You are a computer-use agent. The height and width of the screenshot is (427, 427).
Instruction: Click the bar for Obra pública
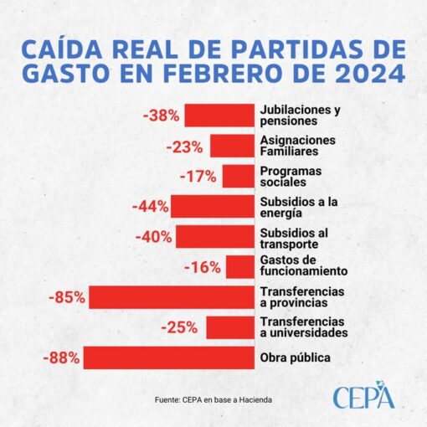(x=169, y=358)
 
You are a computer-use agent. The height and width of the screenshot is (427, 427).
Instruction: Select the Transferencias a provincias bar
(x=172, y=297)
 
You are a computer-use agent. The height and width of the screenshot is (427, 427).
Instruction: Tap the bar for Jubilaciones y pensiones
(x=219, y=115)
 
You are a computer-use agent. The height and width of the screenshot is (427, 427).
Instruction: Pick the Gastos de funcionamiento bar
(x=240, y=267)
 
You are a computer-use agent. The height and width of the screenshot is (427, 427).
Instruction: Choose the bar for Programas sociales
(x=239, y=176)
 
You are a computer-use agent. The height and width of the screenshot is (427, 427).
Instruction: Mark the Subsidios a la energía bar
(x=213, y=206)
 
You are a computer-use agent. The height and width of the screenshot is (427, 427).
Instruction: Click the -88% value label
(x=61, y=358)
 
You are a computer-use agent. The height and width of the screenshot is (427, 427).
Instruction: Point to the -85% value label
(x=67, y=297)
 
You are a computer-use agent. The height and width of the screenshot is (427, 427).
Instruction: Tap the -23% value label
(x=184, y=147)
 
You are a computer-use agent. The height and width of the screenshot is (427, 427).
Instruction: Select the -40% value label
(x=154, y=237)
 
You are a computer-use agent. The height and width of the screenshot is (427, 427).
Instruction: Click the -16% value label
(x=203, y=267)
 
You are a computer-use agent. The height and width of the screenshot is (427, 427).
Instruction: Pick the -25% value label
(x=179, y=327)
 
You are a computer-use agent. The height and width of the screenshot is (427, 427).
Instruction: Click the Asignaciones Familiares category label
(x=298, y=146)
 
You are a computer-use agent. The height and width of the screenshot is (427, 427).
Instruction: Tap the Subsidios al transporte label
(x=294, y=239)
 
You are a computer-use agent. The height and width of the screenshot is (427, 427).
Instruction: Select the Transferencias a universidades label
(x=304, y=327)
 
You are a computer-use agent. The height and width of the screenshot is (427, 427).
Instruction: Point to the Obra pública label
(x=296, y=358)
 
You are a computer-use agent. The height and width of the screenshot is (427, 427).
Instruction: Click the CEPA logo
(x=363, y=394)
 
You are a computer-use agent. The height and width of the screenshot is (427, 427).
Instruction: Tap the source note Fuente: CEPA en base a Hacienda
(x=213, y=400)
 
